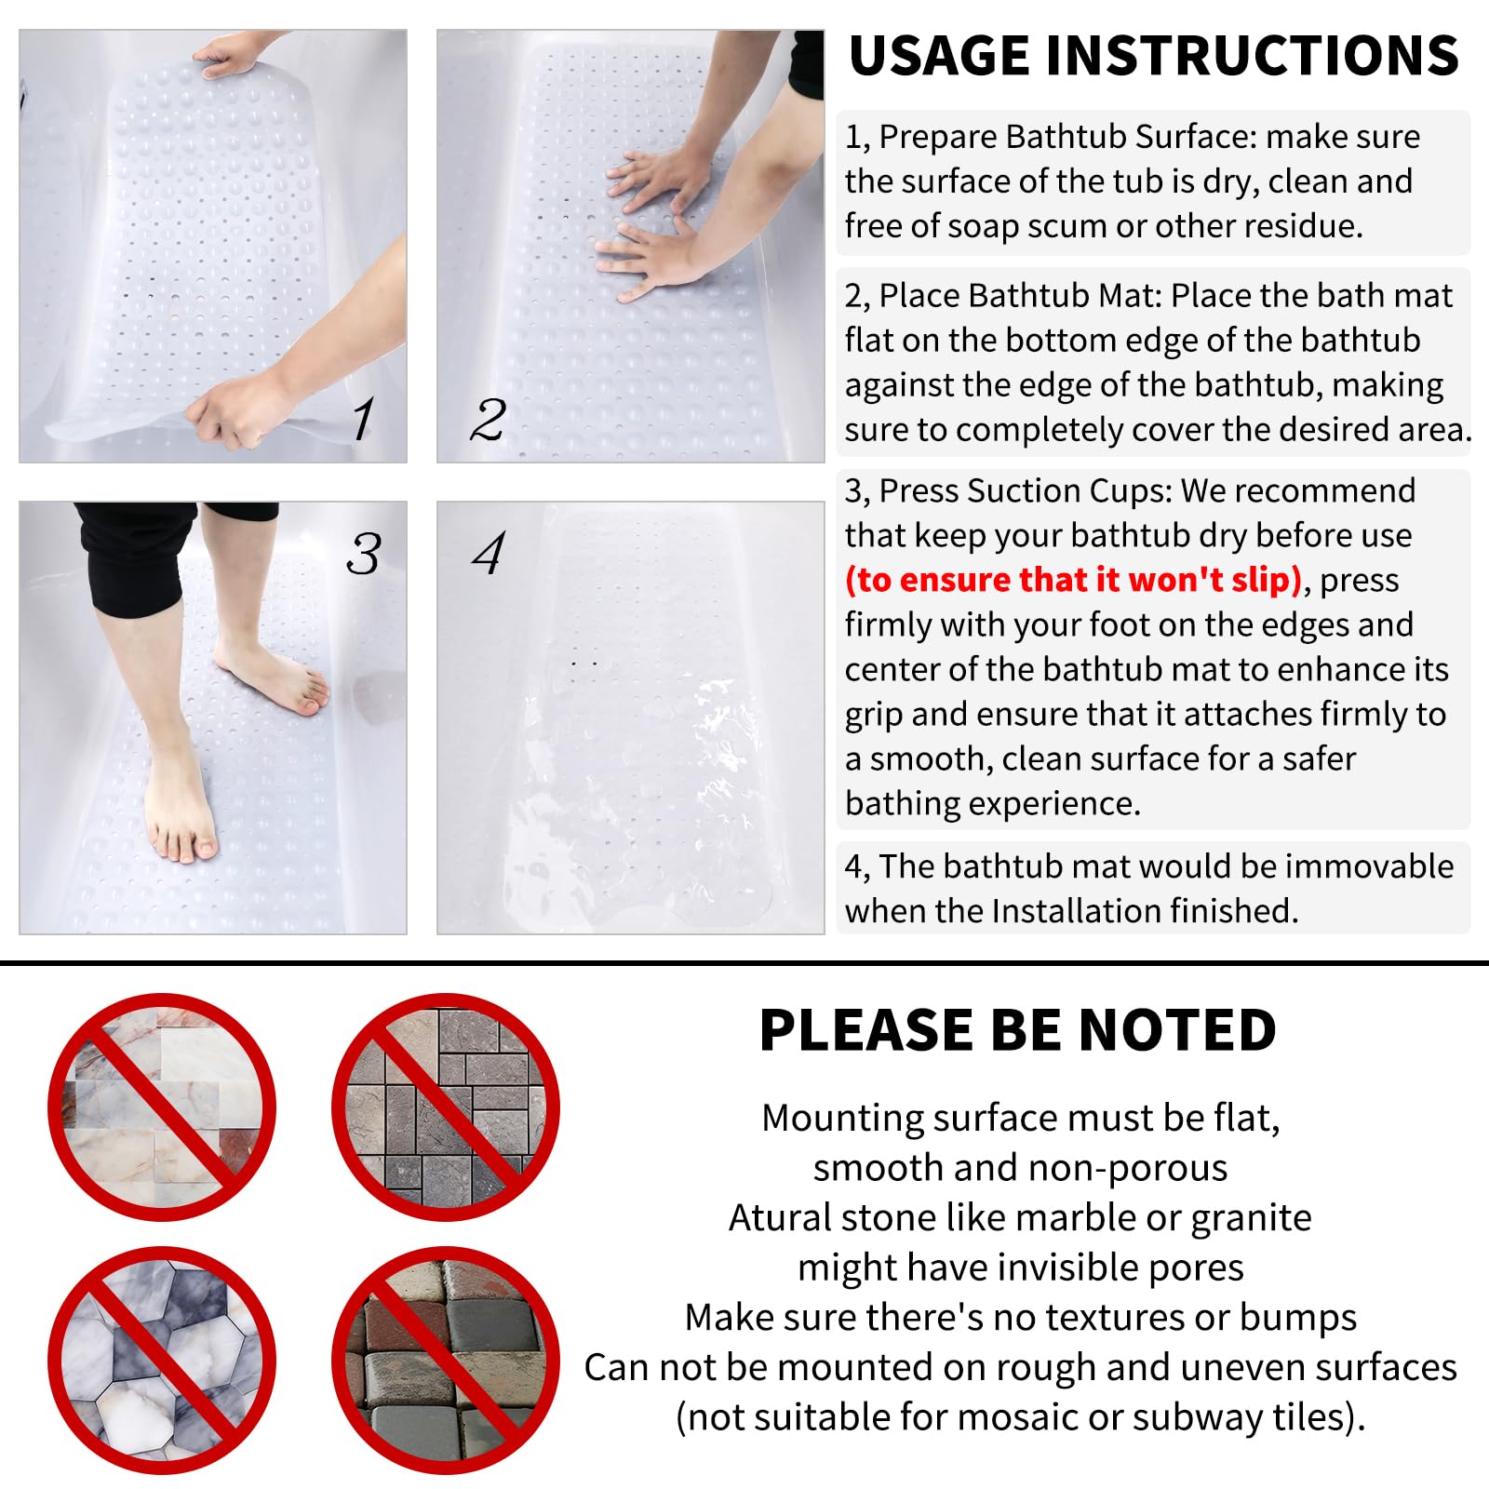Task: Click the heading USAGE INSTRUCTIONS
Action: (x=1153, y=56)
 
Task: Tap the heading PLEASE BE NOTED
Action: (x=1017, y=1030)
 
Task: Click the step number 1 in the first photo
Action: (x=364, y=418)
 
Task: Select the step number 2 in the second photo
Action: (x=488, y=420)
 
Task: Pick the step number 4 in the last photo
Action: (x=489, y=554)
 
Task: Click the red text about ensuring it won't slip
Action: (x=1073, y=580)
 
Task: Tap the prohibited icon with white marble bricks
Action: (x=162, y=1107)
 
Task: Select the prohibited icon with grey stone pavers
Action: (x=446, y=1107)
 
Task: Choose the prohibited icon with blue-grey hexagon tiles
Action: (x=162, y=1361)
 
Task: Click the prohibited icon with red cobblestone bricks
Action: (x=446, y=1361)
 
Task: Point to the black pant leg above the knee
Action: (x=130, y=558)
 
